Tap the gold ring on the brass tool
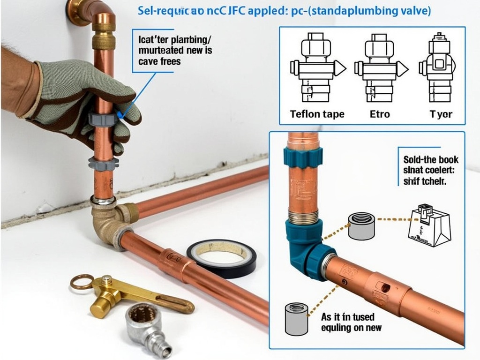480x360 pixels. point(82,282)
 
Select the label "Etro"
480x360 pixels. point(380,114)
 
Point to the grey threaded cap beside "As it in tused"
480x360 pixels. point(296,319)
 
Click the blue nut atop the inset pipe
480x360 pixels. point(302,156)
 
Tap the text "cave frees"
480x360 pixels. point(159,61)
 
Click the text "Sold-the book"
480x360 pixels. point(431,160)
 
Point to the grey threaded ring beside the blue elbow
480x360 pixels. point(362,225)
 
